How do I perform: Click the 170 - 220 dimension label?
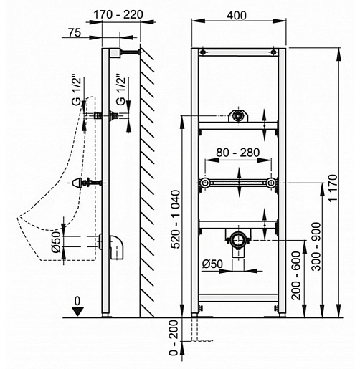(118, 15)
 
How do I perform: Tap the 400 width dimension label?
(237, 16)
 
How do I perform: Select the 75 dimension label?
(75, 32)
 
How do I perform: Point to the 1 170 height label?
(333, 188)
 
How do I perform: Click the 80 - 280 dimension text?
(238, 153)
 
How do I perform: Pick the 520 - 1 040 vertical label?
(176, 219)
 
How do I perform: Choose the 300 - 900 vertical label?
(317, 246)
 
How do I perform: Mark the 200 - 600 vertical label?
(296, 275)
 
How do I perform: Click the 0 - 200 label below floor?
(174, 338)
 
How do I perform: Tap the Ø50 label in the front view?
(212, 264)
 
